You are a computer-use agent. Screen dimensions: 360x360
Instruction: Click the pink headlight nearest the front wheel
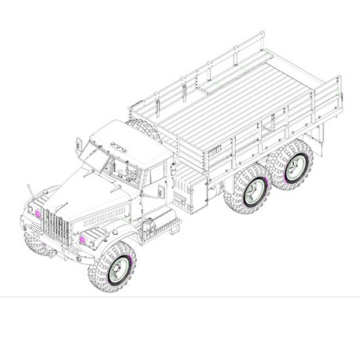pyautogui.click(x=83, y=239)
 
